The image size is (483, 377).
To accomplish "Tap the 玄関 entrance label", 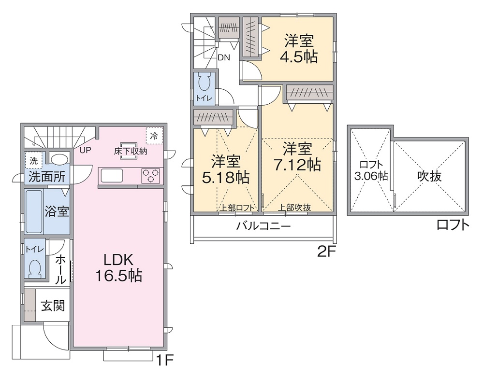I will pos(53,306).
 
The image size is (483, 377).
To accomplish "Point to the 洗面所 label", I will pos(46,176).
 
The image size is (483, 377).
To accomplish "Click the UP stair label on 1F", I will pos(85,150).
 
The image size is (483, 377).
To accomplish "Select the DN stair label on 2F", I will pos(223,57).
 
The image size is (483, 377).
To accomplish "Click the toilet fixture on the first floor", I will pos(34,267).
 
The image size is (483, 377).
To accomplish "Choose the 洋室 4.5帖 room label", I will pos(298,49).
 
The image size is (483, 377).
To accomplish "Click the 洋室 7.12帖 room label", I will pos(297,156).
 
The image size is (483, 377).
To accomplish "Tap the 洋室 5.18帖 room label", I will pos(226,169).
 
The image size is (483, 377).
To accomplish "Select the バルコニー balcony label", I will pos(263,225).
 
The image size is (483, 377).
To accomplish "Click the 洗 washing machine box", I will pos(34,160).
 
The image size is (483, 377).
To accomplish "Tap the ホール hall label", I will pos(61,269).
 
